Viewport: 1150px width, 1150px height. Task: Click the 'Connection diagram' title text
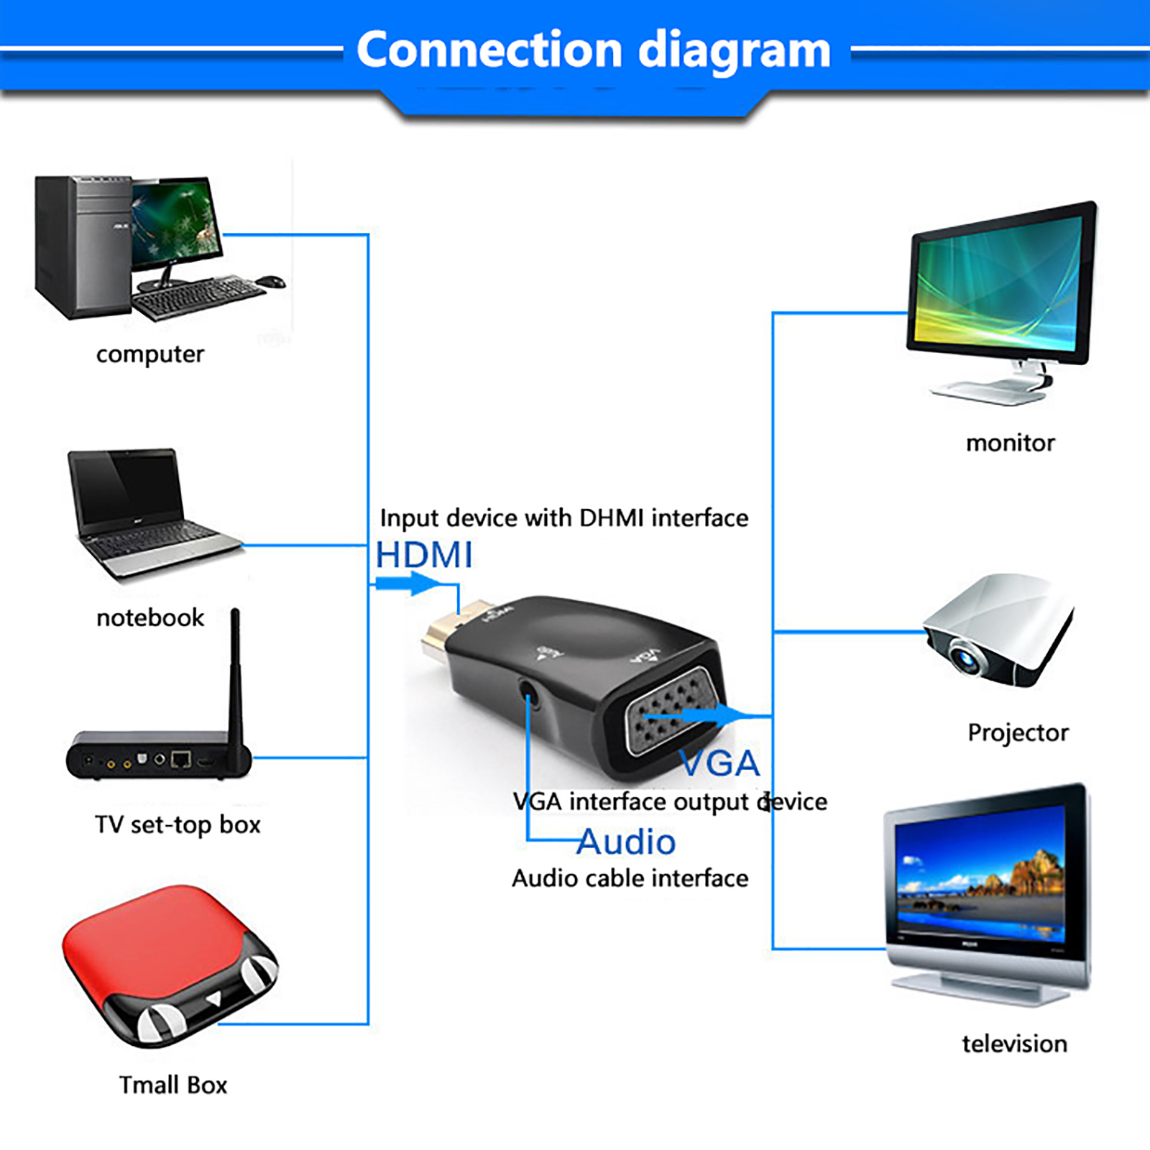pos(593,50)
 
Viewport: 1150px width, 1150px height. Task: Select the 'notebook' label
pos(150,617)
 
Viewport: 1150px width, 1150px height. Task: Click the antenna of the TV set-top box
pos(235,676)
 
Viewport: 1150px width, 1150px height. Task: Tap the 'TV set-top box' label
pos(178,824)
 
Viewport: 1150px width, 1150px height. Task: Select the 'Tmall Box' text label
pos(173,1085)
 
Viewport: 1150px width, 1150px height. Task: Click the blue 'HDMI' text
pos(424,556)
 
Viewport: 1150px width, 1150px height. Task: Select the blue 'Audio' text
pos(626,842)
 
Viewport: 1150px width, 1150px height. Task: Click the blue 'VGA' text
pos(719,763)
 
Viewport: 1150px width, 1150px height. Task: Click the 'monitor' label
pos(1010,443)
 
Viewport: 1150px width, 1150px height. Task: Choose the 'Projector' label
pos(1018,732)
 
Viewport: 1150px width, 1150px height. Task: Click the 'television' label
pos(1014,1044)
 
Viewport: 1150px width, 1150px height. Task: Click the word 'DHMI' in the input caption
pos(612,517)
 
